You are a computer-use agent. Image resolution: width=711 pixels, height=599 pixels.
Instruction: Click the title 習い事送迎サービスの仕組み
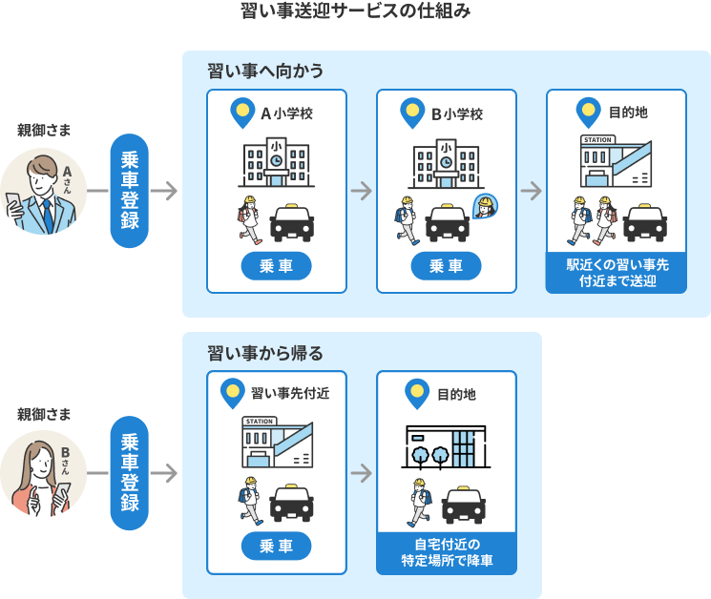[x=355, y=12]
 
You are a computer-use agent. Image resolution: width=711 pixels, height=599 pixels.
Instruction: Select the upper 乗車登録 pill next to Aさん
[x=130, y=191]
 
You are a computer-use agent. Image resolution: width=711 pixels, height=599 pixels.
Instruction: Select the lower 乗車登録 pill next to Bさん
[x=130, y=474]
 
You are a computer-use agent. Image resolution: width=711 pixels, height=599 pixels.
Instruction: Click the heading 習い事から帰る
[x=265, y=354]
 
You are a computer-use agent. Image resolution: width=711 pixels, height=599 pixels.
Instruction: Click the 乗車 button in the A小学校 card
[x=277, y=265]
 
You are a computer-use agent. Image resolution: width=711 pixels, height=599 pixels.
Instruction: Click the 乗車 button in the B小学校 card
[x=447, y=265]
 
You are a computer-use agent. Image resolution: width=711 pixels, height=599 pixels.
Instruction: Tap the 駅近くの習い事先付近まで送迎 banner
[x=616, y=272]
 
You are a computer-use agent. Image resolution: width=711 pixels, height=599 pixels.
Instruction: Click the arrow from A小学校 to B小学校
[x=361, y=191]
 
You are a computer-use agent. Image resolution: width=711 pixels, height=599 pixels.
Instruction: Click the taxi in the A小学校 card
[x=292, y=223]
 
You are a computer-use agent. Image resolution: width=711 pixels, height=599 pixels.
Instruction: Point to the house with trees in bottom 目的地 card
[x=447, y=446]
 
